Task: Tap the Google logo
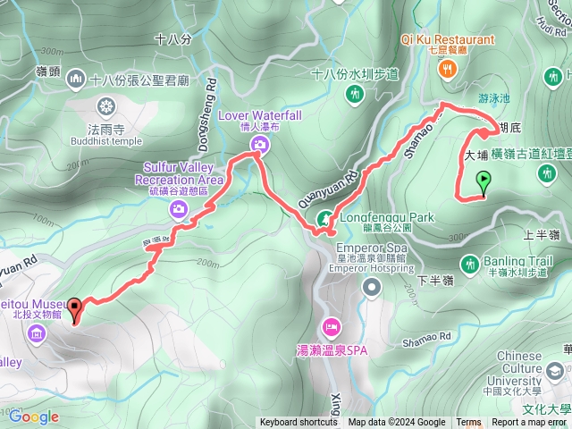(x=34, y=416)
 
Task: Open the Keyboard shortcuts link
(x=299, y=423)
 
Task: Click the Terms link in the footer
(x=468, y=423)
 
